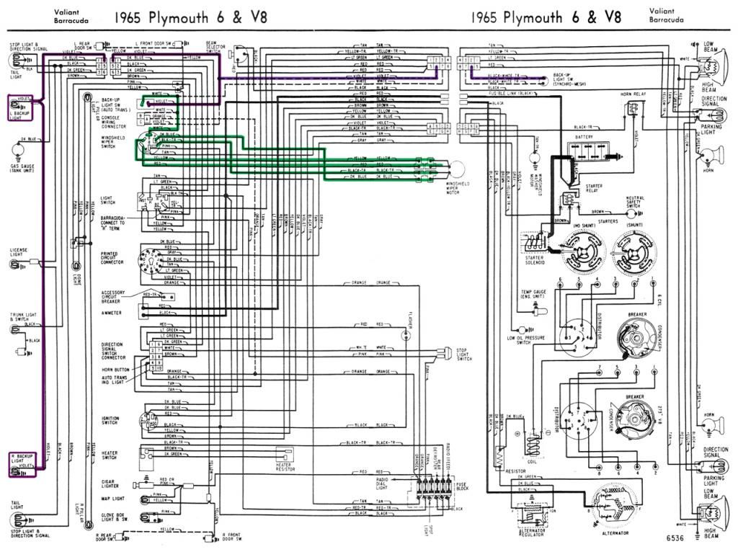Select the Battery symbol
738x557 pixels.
[x=590, y=149]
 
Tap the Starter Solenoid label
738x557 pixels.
[x=536, y=261]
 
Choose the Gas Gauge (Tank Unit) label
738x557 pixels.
[x=21, y=168]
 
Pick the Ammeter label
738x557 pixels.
[x=112, y=313]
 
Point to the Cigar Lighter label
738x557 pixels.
[x=110, y=483]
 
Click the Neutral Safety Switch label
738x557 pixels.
[x=635, y=202]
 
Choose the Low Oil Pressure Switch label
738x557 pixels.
[x=520, y=340]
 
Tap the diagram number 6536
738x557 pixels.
[x=675, y=538]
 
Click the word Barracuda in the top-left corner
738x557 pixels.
[x=68, y=21]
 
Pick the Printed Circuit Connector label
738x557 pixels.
[x=112, y=258]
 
